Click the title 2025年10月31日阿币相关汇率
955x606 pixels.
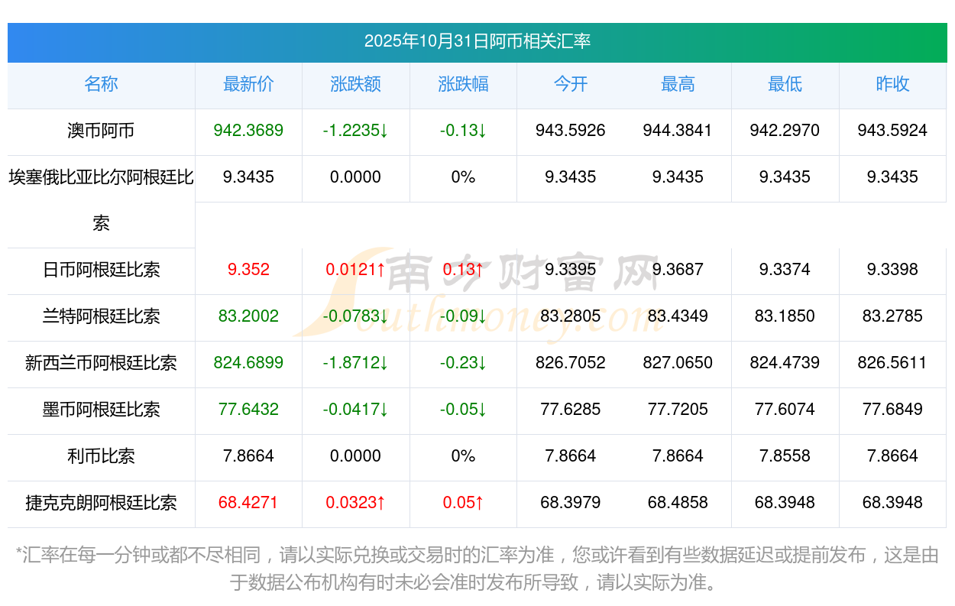(x=477, y=41)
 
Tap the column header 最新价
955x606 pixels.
(x=248, y=84)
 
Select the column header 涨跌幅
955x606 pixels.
(x=463, y=84)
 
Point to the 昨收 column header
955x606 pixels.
(x=892, y=84)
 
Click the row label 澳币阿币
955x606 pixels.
(x=101, y=131)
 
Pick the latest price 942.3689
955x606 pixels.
(x=248, y=131)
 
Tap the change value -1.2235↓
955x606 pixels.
(x=355, y=131)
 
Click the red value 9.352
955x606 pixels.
(x=248, y=270)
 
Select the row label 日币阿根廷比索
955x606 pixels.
(x=101, y=270)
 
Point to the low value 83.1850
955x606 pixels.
(x=785, y=316)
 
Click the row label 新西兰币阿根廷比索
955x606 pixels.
(x=101, y=363)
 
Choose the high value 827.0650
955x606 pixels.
(x=678, y=363)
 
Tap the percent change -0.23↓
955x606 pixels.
(x=463, y=363)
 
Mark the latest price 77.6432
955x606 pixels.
(x=248, y=410)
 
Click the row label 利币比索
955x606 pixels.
(x=101, y=456)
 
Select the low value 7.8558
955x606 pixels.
(x=785, y=456)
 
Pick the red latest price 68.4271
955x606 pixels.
(x=248, y=503)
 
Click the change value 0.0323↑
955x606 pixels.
(x=355, y=503)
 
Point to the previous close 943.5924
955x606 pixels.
(x=892, y=131)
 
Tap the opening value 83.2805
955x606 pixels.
(x=570, y=316)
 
